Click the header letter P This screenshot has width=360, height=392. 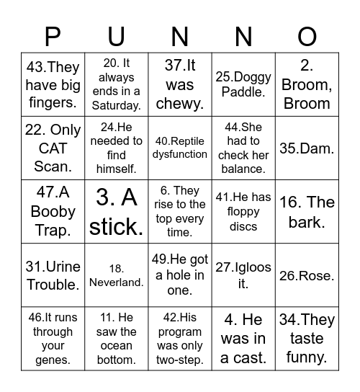pos(53,37)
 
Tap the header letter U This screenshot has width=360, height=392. pos(117,37)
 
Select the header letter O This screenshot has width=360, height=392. pos(307,37)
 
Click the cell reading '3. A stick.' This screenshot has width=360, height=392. pos(116,212)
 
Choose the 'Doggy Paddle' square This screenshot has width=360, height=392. pos(243,84)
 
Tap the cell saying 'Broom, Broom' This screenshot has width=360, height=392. pos(307,84)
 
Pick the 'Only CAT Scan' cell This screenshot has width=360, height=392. pos(53,148)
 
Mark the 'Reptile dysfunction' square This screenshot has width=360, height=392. pos(180,148)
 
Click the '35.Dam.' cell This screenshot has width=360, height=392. pos(307,148)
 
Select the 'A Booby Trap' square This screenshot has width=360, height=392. pos(53,212)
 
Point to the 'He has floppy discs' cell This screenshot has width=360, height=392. pos(243,212)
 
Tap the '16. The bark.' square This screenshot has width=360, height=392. pos(307,212)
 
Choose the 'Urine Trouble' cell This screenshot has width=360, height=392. pos(53,275)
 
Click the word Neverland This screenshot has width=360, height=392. pos(117,282)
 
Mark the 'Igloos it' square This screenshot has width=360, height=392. pos(243,275)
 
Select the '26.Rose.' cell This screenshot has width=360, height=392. pos(307,275)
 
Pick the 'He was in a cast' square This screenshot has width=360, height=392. pos(243,339)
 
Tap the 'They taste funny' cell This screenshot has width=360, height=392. pos(307,339)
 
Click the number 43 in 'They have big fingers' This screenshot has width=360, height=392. pos(36,67)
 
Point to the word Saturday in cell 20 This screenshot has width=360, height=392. pos(117,105)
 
